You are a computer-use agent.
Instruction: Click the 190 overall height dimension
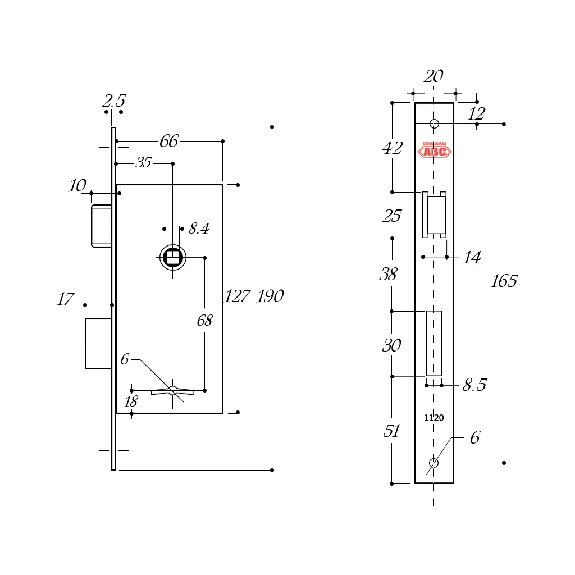(x=270, y=296)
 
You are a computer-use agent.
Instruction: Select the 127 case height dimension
(x=237, y=296)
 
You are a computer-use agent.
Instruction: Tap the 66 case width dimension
(x=168, y=142)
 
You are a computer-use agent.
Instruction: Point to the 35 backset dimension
(x=144, y=163)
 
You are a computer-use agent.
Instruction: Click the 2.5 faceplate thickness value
(x=113, y=102)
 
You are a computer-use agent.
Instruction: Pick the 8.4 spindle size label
(x=199, y=229)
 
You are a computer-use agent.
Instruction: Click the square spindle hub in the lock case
(x=173, y=258)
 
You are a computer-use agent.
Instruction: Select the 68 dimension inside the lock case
(x=204, y=321)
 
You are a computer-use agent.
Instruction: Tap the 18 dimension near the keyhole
(x=131, y=402)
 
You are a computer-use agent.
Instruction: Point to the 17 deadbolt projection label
(x=65, y=300)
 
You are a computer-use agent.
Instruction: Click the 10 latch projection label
(x=77, y=186)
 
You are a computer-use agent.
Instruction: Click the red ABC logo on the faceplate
(x=434, y=150)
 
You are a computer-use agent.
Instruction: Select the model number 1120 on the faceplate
(x=433, y=418)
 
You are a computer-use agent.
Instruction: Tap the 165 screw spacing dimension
(x=504, y=281)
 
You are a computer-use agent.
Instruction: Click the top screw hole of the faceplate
(x=434, y=124)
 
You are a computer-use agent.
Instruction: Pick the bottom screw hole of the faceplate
(x=433, y=463)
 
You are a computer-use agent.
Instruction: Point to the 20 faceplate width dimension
(x=433, y=76)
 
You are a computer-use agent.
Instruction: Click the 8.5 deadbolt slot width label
(x=474, y=385)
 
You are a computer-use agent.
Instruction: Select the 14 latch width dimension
(x=472, y=258)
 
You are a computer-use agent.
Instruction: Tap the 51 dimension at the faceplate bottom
(x=391, y=431)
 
